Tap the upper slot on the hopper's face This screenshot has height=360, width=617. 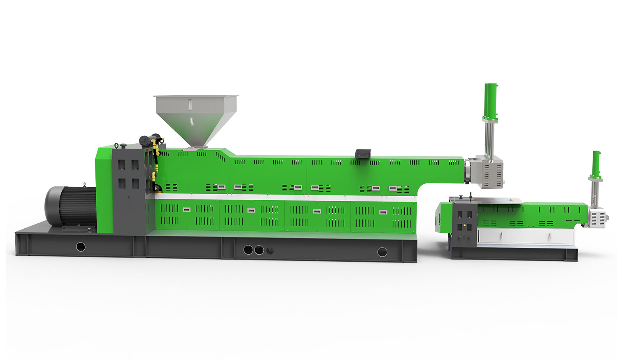190,105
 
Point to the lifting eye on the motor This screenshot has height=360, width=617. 84,185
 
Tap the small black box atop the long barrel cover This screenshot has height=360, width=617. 363,153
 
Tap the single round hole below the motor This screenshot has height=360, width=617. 81,247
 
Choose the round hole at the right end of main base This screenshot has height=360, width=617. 382,252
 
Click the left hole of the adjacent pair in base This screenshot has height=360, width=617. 248,250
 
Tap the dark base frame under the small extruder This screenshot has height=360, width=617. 514,254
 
